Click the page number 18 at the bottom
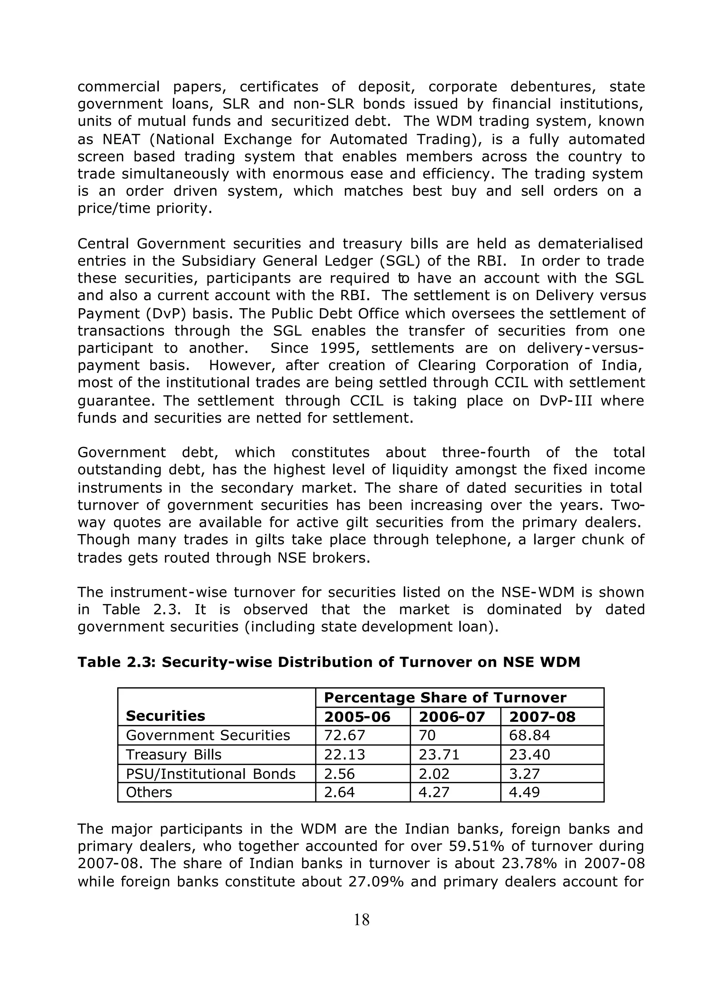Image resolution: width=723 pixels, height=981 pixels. coord(361,920)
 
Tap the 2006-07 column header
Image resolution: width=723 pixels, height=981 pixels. coord(452,717)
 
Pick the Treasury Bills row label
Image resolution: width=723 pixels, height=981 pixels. coord(173,755)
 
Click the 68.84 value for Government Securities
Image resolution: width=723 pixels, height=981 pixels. coord(529,735)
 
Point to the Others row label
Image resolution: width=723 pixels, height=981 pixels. coord(149,792)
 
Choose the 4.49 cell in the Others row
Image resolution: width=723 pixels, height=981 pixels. coord(524,792)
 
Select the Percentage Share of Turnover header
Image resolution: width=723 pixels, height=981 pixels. coord(445,698)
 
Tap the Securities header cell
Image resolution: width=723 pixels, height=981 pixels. coord(166,716)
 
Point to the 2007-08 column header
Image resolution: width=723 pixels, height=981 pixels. coord(542,717)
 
